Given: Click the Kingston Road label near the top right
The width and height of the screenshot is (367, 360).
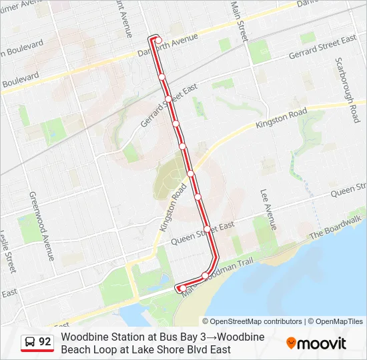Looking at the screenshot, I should (285, 118).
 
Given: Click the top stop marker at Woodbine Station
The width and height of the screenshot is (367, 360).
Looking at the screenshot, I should (157, 40).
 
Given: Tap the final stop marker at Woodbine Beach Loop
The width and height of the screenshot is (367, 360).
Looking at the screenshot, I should (181, 288).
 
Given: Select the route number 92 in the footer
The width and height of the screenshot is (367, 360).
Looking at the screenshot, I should (45, 342).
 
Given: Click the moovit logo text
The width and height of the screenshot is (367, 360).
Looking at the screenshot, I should (322, 343).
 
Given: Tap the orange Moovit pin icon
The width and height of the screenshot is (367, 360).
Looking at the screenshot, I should (291, 343).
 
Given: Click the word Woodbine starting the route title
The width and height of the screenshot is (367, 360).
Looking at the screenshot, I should (83, 337).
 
